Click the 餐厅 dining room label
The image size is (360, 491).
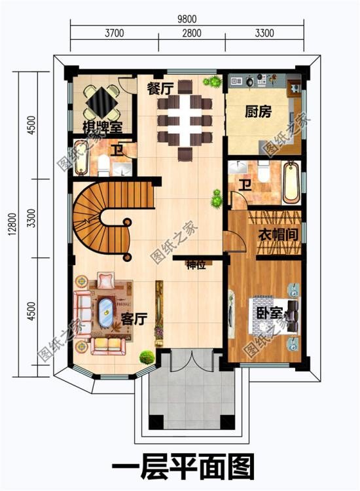click(x=159, y=88)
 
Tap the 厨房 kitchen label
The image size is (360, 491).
click(x=258, y=112)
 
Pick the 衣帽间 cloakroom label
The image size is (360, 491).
click(x=274, y=234)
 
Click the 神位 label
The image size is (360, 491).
click(x=196, y=265)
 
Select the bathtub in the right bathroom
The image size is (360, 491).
click(x=290, y=183)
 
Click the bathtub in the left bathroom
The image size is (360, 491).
click(x=80, y=158)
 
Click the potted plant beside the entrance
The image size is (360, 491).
click(x=146, y=357)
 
